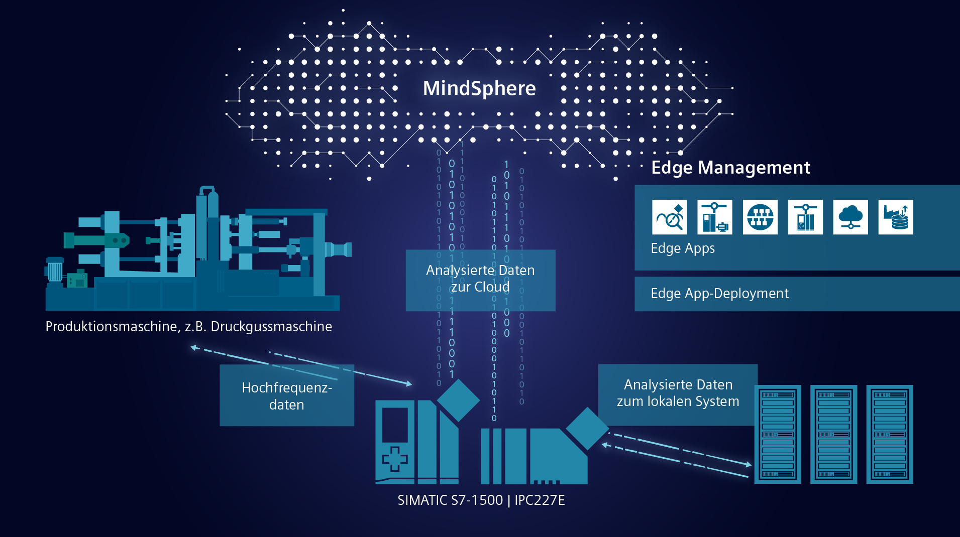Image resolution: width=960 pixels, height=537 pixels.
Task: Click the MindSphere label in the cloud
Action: tap(479, 88)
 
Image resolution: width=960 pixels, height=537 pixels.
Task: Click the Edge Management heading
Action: tap(730, 168)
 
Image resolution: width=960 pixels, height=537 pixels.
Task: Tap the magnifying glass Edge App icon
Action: tap(670, 217)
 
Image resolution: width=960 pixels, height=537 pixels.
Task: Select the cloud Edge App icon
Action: tap(850, 217)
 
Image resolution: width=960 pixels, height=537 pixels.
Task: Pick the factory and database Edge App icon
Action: tap(896, 217)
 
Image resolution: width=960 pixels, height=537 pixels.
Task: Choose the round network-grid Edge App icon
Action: tap(760, 217)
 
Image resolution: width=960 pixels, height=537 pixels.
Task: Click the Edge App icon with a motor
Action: tap(715, 217)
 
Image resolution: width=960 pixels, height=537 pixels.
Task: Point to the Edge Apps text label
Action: tap(683, 248)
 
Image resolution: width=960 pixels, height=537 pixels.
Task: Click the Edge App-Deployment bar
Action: tap(797, 294)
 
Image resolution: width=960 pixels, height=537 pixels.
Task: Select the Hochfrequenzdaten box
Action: tap(287, 395)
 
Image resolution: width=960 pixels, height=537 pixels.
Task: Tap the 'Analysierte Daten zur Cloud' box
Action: tap(480, 280)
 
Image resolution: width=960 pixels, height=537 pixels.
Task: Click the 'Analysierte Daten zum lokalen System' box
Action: tap(678, 394)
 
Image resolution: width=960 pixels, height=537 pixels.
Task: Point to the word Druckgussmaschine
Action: tap(271, 327)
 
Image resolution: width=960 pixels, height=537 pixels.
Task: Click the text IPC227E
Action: tap(540, 500)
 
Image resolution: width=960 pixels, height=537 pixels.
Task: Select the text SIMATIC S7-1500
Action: tap(450, 500)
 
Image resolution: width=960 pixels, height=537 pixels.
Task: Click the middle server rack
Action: tap(833, 434)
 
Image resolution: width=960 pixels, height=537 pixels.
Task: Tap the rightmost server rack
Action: tap(890, 434)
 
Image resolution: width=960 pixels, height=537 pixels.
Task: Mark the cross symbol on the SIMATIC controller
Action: tap(395, 459)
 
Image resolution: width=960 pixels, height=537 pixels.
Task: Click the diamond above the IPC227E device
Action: tap(587, 428)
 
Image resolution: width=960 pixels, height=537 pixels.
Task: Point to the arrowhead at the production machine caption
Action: tap(193, 347)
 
